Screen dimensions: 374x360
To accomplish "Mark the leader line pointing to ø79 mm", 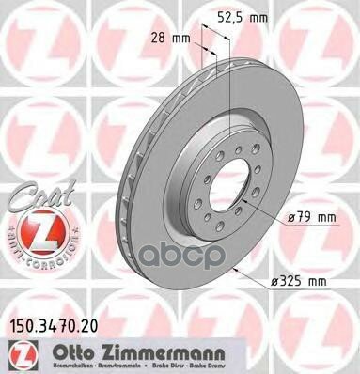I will (268, 213).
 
